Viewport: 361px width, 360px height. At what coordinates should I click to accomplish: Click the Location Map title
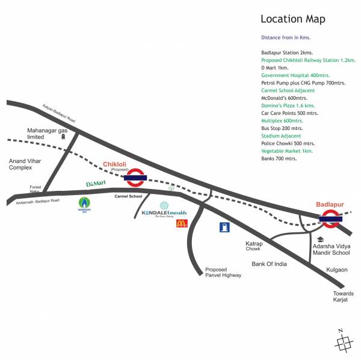pyautogui.click(x=292, y=19)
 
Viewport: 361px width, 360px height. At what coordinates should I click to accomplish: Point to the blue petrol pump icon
pyautogui.click(x=224, y=228)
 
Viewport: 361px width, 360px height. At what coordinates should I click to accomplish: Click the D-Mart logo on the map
pyautogui.click(x=96, y=183)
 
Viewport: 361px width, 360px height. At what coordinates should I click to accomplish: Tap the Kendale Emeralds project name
pyautogui.click(x=164, y=214)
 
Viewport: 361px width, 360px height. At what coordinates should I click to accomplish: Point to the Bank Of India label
pyautogui.click(x=269, y=264)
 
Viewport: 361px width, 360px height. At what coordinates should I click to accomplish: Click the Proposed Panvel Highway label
pyautogui.click(x=223, y=272)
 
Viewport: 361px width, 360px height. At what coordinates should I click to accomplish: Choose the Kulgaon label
pyautogui.click(x=336, y=270)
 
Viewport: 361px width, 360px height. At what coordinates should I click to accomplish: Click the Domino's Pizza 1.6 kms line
pyautogui.click(x=288, y=105)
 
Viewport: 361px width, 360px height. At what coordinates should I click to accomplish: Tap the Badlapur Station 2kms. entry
pyautogui.click(x=286, y=53)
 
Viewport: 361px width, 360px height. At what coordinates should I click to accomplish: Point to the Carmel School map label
pyautogui.click(x=129, y=196)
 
